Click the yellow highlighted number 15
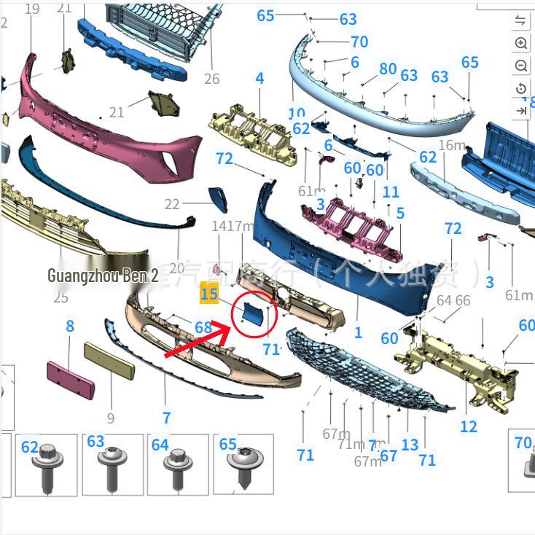(209, 294)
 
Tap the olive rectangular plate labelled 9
(109, 360)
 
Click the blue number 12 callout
(469, 426)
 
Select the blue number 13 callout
(410, 444)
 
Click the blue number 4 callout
(259, 78)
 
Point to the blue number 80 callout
(388, 69)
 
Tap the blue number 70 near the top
(359, 42)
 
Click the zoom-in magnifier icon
(521, 43)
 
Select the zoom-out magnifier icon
(521, 66)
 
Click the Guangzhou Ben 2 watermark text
(103, 276)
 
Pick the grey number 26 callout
(211, 79)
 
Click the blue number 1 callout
(358, 332)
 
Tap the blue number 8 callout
(70, 326)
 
